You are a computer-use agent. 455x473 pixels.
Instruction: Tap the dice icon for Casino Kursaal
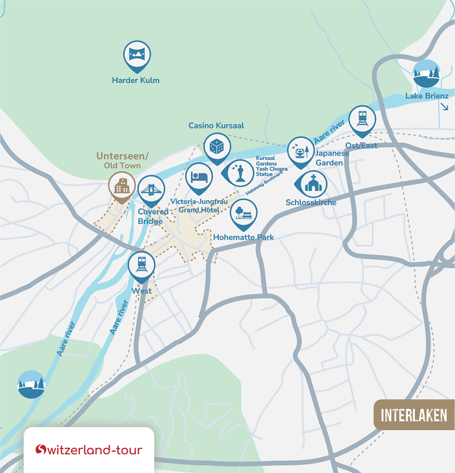[x=217, y=147]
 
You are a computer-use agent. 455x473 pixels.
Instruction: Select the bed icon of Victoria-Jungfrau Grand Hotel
[x=199, y=177]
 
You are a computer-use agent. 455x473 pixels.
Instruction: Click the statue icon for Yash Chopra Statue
[x=239, y=173]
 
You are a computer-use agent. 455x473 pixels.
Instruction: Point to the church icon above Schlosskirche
[x=313, y=184]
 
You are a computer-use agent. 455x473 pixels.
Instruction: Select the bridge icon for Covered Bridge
[x=151, y=189]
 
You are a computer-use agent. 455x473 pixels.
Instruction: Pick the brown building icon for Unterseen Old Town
[x=121, y=186]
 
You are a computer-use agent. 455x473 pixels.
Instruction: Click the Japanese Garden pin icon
[x=301, y=151]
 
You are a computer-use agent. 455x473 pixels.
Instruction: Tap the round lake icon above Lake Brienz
[x=426, y=74]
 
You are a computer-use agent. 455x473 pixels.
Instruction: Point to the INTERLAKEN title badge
[x=414, y=415]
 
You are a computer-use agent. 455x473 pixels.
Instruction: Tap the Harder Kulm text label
[x=136, y=81]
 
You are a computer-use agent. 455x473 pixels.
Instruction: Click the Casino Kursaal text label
[x=216, y=125]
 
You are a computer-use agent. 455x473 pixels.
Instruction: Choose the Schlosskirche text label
[x=311, y=202]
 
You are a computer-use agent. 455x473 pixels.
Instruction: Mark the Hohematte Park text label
[x=244, y=237]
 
